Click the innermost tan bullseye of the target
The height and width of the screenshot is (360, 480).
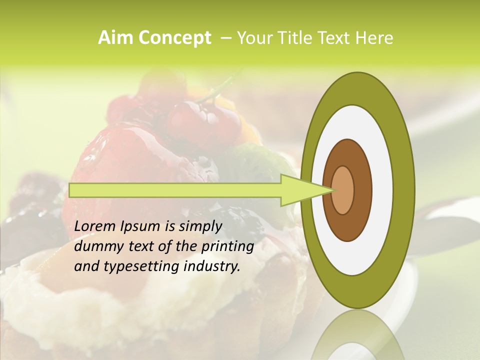[343, 190]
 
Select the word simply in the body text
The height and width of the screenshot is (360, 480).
[200, 226]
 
